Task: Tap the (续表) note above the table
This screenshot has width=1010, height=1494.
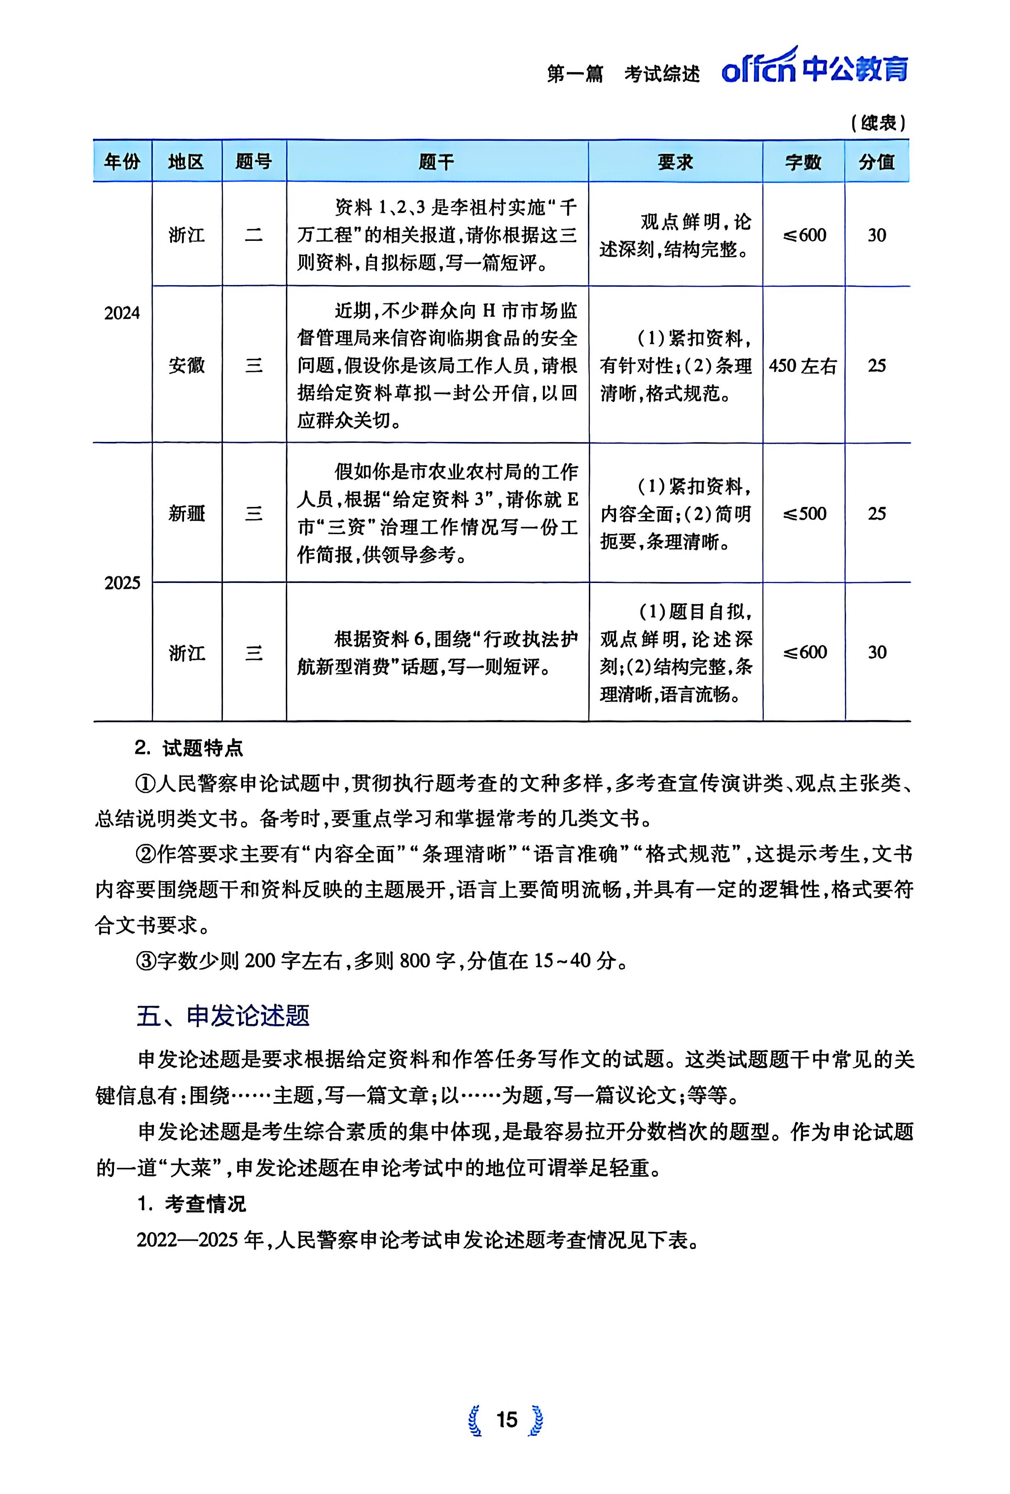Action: (x=878, y=123)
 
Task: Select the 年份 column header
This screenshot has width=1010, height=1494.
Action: (x=122, y=162)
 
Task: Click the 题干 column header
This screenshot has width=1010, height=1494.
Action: (x=437, y=162)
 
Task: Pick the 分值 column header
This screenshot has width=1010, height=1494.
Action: (x=877, y=162)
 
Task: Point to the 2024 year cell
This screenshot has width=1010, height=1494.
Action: (x=122, y=313)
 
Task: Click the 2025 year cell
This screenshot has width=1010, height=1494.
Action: (x=122, y=583)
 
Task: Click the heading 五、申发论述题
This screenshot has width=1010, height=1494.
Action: (x=223, y=1016)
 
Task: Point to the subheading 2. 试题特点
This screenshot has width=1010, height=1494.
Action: (x=189, y=748)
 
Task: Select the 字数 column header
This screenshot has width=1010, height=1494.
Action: (x=803, y=162)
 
